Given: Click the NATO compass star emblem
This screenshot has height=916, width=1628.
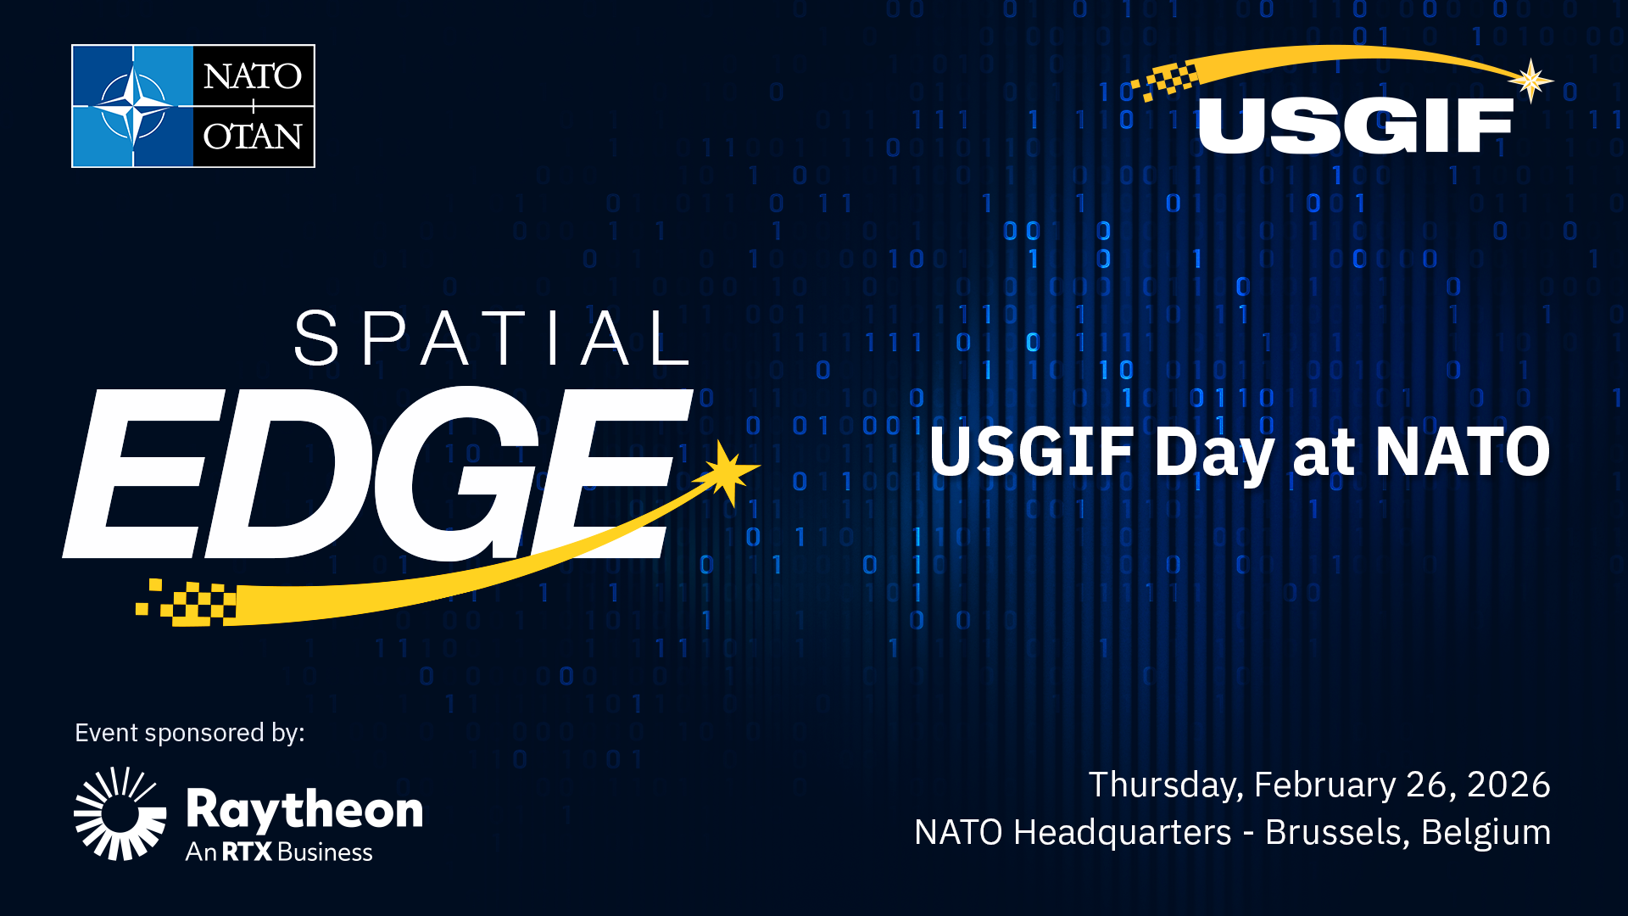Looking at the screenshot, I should [133, 106].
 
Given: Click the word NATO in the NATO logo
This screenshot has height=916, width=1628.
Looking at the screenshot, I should [253, 76].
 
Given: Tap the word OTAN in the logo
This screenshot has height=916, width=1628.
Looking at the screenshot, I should [253, 136].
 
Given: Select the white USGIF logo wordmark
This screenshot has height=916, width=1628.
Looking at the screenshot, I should [1355, 126].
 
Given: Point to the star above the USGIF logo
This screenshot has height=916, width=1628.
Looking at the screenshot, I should [1530, 81].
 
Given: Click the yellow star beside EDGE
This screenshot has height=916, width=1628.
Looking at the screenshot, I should [726, 472].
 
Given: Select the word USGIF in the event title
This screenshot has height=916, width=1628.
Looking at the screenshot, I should [1031, 452].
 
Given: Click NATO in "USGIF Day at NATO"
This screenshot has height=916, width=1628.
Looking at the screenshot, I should [1462, 452].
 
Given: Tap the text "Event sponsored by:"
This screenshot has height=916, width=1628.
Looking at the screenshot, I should [189, 733].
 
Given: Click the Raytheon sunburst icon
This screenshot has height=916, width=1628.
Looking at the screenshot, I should [120, 813].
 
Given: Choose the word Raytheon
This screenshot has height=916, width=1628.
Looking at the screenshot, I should [304, 809].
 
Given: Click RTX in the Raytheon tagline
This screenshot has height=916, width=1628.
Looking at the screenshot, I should [247, 852].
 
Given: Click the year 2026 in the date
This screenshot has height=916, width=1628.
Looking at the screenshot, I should [1508, 785].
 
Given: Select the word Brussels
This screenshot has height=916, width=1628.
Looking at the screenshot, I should [1336, 833].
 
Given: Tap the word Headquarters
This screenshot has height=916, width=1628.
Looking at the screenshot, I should [1122, 833].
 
